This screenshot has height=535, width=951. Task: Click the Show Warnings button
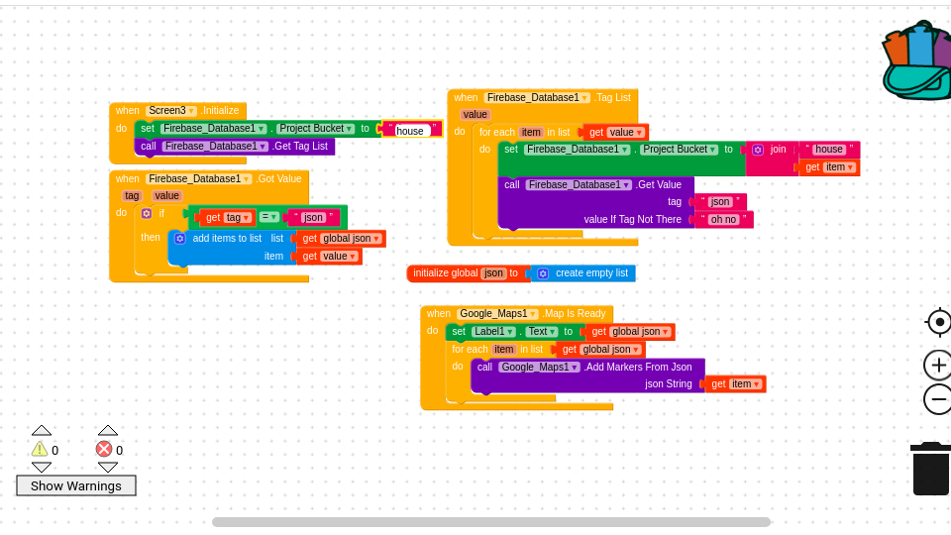[76, 485]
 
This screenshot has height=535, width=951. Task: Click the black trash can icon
[930, 470]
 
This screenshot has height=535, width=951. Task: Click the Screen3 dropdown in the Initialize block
[171, 111]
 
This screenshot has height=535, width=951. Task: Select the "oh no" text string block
[723, 220]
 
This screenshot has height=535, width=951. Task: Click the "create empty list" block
[590, 273]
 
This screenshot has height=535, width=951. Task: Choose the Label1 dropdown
[492, 332]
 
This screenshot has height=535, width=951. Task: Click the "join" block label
[778, 150]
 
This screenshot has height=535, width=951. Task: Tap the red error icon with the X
[104, 449]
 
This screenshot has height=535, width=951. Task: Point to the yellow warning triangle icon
[40, 449]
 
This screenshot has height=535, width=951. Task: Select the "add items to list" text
[227, 239]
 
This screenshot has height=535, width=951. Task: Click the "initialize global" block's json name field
[493, 273]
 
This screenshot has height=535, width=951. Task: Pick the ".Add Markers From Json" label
[638, 368]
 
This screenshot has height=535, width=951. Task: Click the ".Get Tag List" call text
[300, 147]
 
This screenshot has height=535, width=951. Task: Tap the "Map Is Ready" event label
[576, 314]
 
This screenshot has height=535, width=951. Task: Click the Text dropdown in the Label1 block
[541, 332]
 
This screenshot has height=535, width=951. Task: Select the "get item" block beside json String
[735, 384]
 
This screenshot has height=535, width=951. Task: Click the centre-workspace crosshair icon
[939, 322]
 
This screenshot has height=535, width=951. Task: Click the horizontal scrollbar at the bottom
[490, 522]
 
